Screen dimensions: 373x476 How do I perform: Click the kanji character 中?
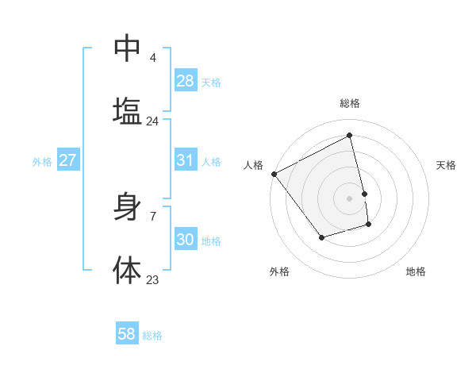click(x=127, y=49)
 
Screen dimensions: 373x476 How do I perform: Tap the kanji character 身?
click(x=127, y=207)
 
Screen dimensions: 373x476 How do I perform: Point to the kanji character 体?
click(x=127, y=270)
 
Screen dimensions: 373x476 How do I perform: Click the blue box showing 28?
click(x=186, y=81)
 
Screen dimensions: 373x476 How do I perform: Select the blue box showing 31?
click(x=186, y=160)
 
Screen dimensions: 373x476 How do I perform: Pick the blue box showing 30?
click(x=186, y=240)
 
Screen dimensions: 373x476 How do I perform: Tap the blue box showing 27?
click(x=67, y=160)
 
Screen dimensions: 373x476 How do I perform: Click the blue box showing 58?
click(x=127, y=334)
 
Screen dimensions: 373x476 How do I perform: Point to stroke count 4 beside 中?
click(x=152, y=58)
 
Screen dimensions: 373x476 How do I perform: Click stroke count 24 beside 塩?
click(x=152, y=121)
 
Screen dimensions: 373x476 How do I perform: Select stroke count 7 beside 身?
click(x=152, y=216)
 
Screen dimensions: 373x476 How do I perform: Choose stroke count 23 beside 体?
click(x=152, y=279)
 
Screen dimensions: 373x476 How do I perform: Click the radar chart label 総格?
click(x=350, y=103)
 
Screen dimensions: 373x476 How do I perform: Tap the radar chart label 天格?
click(x=446, y=165)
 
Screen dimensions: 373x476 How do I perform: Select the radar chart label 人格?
click(x=253, y=165)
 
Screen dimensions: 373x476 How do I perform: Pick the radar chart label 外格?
click(x=279, y=271)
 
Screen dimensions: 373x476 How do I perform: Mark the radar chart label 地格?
click(x=416, y=271)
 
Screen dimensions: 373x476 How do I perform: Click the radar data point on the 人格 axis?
click(x=274, y=174)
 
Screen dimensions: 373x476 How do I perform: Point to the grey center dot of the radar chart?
click(x=350, y=198)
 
